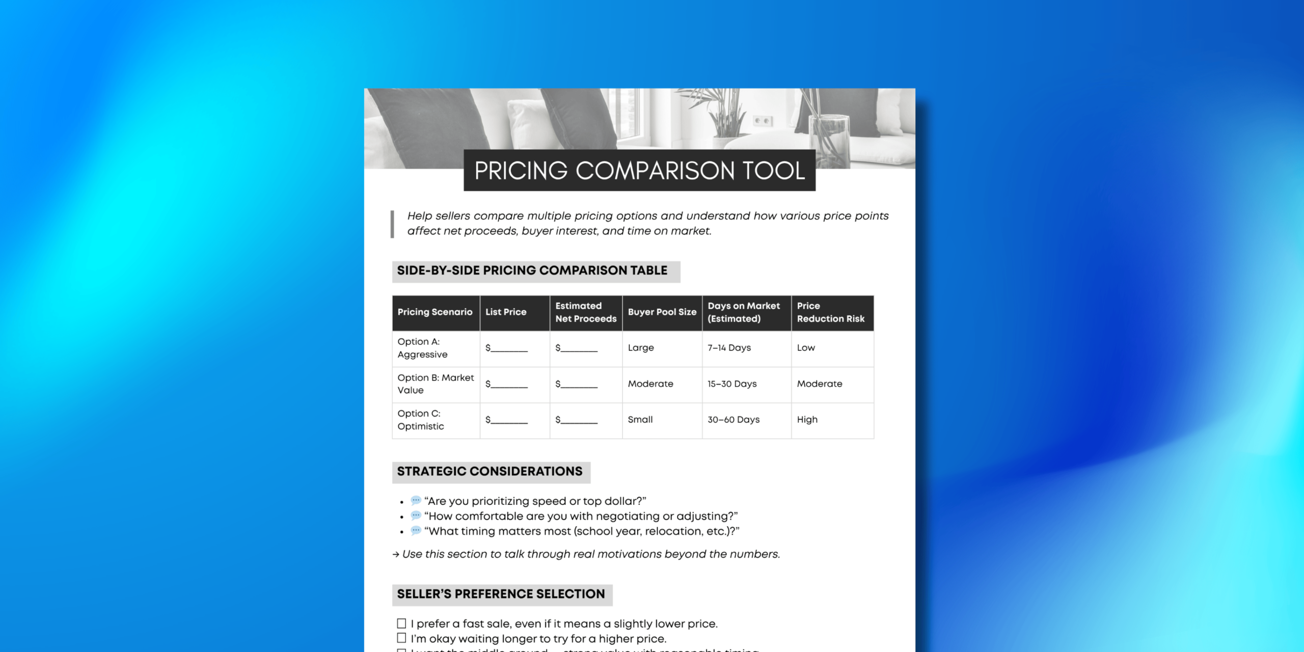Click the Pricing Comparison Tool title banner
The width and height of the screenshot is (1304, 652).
[639, 170]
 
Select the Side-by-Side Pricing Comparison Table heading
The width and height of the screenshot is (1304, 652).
[532, 270]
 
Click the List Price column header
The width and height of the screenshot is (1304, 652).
[506, 312]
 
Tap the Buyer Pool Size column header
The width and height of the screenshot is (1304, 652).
[662, 312]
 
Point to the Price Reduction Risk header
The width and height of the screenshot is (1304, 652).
[830, 312]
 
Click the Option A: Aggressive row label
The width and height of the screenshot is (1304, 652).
[422, 348]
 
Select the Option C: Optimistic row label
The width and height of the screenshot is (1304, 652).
[420, 420]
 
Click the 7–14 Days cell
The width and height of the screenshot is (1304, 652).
[729, 348]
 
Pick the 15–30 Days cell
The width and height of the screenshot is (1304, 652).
[732, 384]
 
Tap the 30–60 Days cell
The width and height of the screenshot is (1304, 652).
[733, 420]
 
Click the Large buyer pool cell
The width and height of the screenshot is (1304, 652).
[641, 348]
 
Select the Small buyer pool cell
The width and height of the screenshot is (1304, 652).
[640, 420]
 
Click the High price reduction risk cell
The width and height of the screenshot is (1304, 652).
[807, 420]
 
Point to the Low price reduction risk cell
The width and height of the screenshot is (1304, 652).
[806, 348]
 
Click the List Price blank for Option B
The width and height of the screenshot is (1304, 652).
[507, 385]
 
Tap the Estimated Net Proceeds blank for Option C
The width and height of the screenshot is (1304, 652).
[577, 420]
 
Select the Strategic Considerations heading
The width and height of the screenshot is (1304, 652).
[490, 472]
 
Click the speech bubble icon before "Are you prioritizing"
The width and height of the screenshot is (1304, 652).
[416, 501]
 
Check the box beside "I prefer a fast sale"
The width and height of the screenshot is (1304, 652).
[401, 623]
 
